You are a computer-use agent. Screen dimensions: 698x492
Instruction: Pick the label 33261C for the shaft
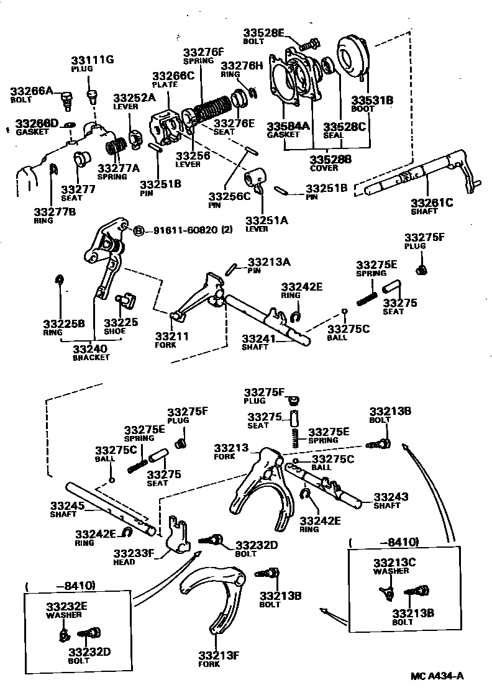tap(432, 202)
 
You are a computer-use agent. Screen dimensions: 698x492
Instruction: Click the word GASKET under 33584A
tap(280, 134)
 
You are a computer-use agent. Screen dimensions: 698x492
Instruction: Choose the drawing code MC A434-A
tap(437, 676)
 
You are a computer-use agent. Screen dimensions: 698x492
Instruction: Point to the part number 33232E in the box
tap(67, 606)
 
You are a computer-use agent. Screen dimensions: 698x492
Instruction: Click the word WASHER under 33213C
tap(391, 571)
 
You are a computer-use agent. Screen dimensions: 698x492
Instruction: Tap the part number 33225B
tap(63, 323)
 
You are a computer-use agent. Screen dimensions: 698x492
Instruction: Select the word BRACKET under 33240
tap(91, 358)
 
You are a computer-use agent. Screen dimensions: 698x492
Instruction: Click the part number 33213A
tap(269, 262)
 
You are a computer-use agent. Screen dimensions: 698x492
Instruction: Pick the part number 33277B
tap(55, 212)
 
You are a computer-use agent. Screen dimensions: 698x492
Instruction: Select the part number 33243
tap(391, 497)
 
